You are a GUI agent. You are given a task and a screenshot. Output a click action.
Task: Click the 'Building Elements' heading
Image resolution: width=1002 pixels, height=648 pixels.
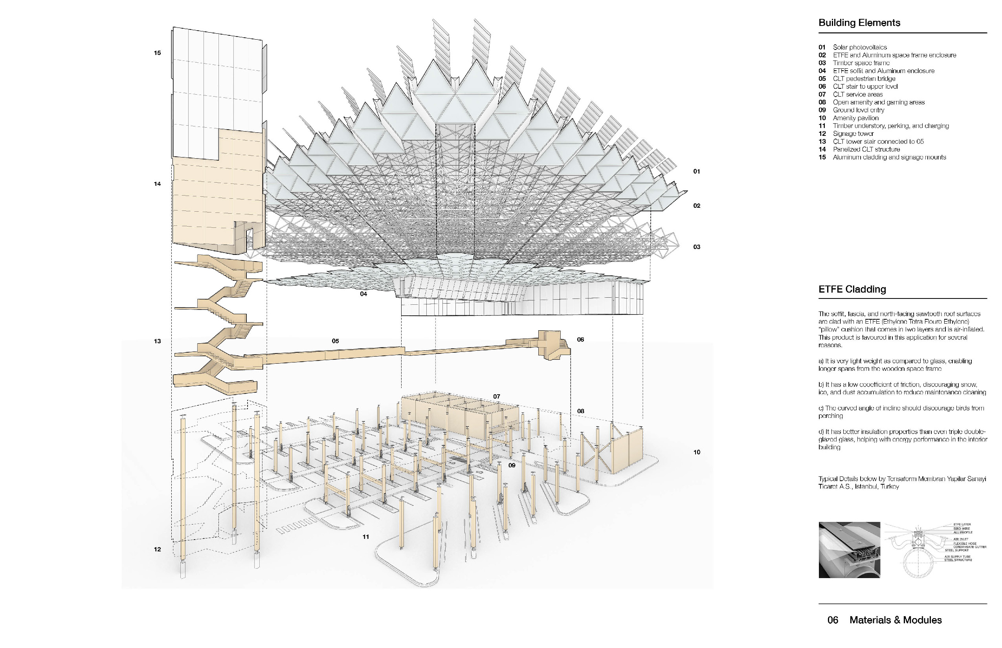coord(859,23)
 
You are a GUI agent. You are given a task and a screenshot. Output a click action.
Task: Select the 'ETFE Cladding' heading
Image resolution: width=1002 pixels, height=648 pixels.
coord(852,289)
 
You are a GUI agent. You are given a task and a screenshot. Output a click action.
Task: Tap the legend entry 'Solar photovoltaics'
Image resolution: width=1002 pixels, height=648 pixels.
coord(860,47)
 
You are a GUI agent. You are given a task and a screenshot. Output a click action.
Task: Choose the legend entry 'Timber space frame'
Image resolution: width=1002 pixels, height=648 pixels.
coord(861,63)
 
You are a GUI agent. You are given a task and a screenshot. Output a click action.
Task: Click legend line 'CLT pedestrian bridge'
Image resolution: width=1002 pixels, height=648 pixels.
coord(864,79)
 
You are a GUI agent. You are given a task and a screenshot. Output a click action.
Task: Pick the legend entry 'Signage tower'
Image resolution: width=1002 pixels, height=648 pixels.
coord(853,134)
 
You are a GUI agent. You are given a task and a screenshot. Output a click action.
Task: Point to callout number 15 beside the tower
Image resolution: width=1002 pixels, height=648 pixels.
coord(157,53)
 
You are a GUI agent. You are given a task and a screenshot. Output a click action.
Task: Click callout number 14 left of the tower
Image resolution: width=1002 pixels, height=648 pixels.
coord(157,184)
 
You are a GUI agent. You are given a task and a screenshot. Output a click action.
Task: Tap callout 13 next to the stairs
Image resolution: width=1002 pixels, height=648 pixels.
coord(157,341)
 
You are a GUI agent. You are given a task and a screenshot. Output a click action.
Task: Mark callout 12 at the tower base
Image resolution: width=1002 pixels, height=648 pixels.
coord(157,549)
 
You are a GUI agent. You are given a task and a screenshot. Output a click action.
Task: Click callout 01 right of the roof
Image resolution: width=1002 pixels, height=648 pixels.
coord(697,171)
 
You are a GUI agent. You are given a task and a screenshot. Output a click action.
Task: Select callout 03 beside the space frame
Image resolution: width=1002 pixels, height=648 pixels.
coord(697,247)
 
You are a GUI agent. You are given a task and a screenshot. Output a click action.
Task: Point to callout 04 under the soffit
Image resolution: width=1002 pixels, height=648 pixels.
coord(363,294)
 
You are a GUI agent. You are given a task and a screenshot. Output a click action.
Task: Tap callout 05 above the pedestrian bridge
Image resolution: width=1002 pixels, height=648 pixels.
coord(335,341)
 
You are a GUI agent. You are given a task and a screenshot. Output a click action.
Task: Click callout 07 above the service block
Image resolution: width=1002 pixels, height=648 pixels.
coord(497,396)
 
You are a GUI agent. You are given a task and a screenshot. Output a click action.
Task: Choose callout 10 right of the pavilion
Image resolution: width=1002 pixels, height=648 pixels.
coord(697,452)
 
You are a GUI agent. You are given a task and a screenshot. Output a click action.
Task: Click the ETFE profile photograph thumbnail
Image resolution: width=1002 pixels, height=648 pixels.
coord(849,549)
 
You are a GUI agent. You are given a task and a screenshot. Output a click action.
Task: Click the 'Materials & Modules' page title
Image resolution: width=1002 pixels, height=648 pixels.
coord(896,620)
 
